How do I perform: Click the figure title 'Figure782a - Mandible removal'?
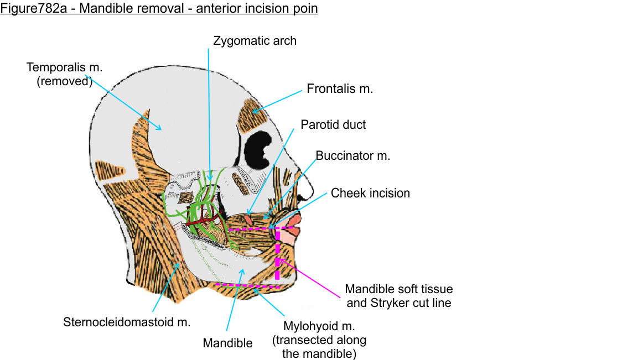159,9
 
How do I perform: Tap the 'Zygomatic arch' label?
255,41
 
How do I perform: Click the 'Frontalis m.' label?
340,89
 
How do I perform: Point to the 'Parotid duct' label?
333,124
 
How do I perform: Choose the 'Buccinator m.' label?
353,156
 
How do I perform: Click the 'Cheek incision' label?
370,194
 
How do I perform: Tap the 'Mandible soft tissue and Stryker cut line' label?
398,296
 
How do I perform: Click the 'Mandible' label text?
227,343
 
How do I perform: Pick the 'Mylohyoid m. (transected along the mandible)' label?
318,340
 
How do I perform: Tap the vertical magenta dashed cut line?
277,260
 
